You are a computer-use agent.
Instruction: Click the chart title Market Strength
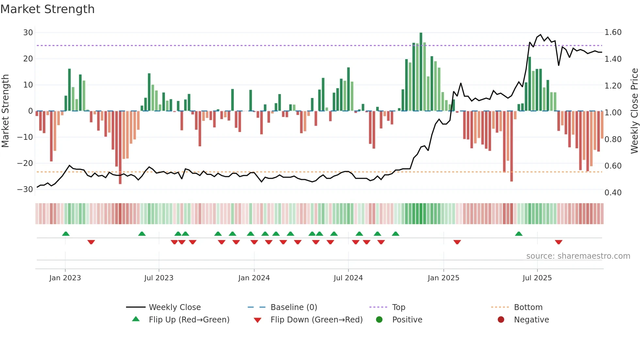pos(47,9)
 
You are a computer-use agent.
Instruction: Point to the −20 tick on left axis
pos(25,163)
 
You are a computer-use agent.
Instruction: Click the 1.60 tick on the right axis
pos(613,32)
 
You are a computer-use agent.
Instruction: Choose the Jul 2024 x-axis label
pos(348,278)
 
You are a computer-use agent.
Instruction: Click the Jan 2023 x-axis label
pos(65,278)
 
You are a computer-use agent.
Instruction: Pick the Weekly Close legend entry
pos(175,307)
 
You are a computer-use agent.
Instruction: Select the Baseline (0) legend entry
pos(294,307)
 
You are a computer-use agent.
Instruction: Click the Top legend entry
pos(398,307)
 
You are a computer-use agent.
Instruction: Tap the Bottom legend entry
pos(528,307)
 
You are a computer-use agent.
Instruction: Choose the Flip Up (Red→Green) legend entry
pos(189,320)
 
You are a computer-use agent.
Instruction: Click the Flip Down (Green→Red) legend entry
pos(316,320)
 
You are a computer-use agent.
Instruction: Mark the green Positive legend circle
pos(379,320)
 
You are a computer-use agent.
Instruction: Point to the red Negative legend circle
pos(501,320)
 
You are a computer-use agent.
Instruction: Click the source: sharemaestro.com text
pos(578,256)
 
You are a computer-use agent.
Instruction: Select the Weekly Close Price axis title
pos(634,111)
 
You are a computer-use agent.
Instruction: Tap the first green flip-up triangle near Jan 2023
pos(66,234)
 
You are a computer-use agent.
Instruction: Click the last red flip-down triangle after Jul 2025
pos(558,242)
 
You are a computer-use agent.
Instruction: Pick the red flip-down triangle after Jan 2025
pos(457,242)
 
